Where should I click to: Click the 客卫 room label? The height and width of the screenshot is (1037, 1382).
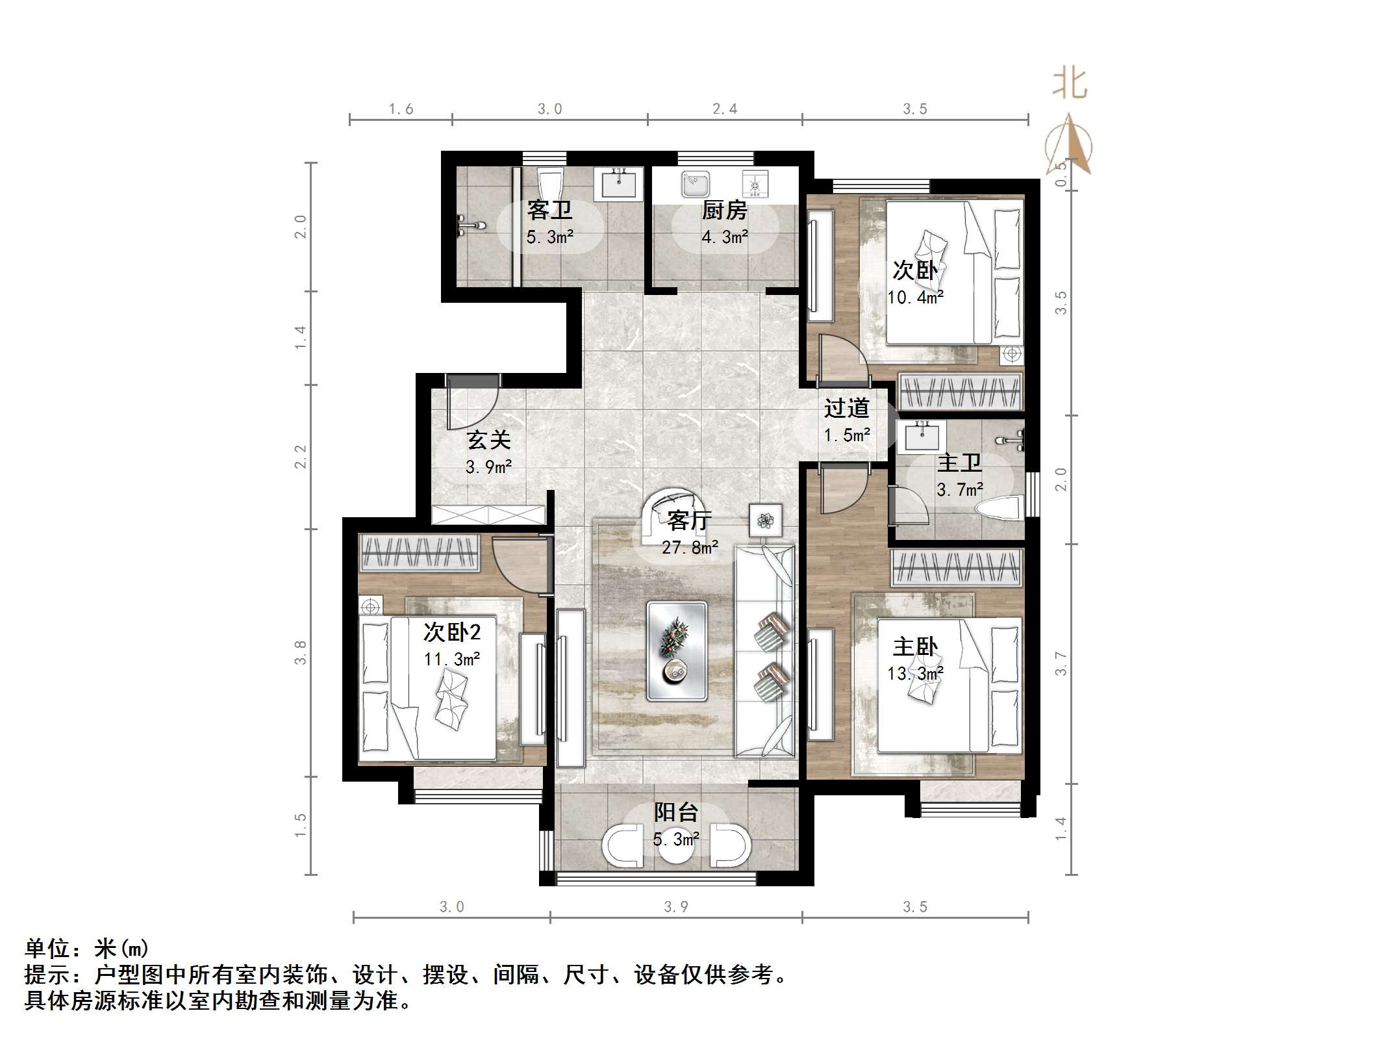click(x=549, y=211)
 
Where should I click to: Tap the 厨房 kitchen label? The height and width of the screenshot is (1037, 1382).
click(x=724, y=211)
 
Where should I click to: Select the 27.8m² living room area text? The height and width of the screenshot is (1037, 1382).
click(x=690, y=548)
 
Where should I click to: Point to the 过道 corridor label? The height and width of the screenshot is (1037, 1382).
click(x=846, y=408)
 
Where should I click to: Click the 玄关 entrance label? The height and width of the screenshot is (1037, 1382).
click(x=488, y=441)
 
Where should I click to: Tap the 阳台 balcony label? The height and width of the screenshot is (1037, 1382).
click(x=675, y=812)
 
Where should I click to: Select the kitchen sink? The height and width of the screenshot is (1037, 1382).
click(x=696, y=185)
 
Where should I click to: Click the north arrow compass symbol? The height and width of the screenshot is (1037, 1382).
click(x=1069, y=146)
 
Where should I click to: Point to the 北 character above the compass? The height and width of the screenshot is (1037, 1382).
click(x=1070, y=84)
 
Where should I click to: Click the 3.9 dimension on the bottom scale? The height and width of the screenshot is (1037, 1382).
click(x=675, y=907)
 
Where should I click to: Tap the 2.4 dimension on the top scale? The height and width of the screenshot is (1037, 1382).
click(x=724, y=109)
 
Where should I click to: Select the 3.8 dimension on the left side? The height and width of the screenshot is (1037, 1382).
click(x=300, y=652)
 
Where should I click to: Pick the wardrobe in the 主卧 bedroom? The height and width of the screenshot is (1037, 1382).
click(x=957, y=567)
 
